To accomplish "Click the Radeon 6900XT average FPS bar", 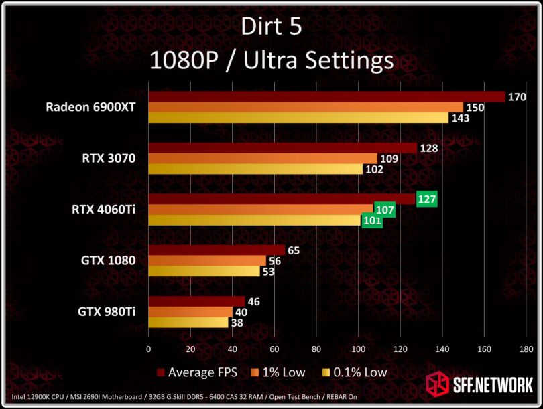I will tap(326, 97).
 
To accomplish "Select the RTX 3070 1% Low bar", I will tap(263, 159).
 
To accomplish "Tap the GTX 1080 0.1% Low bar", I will tap(204, 271).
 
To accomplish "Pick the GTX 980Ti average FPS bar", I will tap(196, 302).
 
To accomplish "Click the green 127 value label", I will tap(427, 199).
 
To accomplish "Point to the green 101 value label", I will tap(372, 220).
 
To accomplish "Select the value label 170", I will tap(517, 97).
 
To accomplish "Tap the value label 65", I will tap(293, 250).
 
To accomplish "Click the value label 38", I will tap(237, 322).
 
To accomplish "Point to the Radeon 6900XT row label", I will tap(91, 107).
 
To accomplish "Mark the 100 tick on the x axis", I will tap(358, 349).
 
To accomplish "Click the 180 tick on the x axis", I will tap(526, 349).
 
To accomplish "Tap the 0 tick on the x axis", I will tap(148, 349).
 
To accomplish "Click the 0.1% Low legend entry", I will tap(354, 372).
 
